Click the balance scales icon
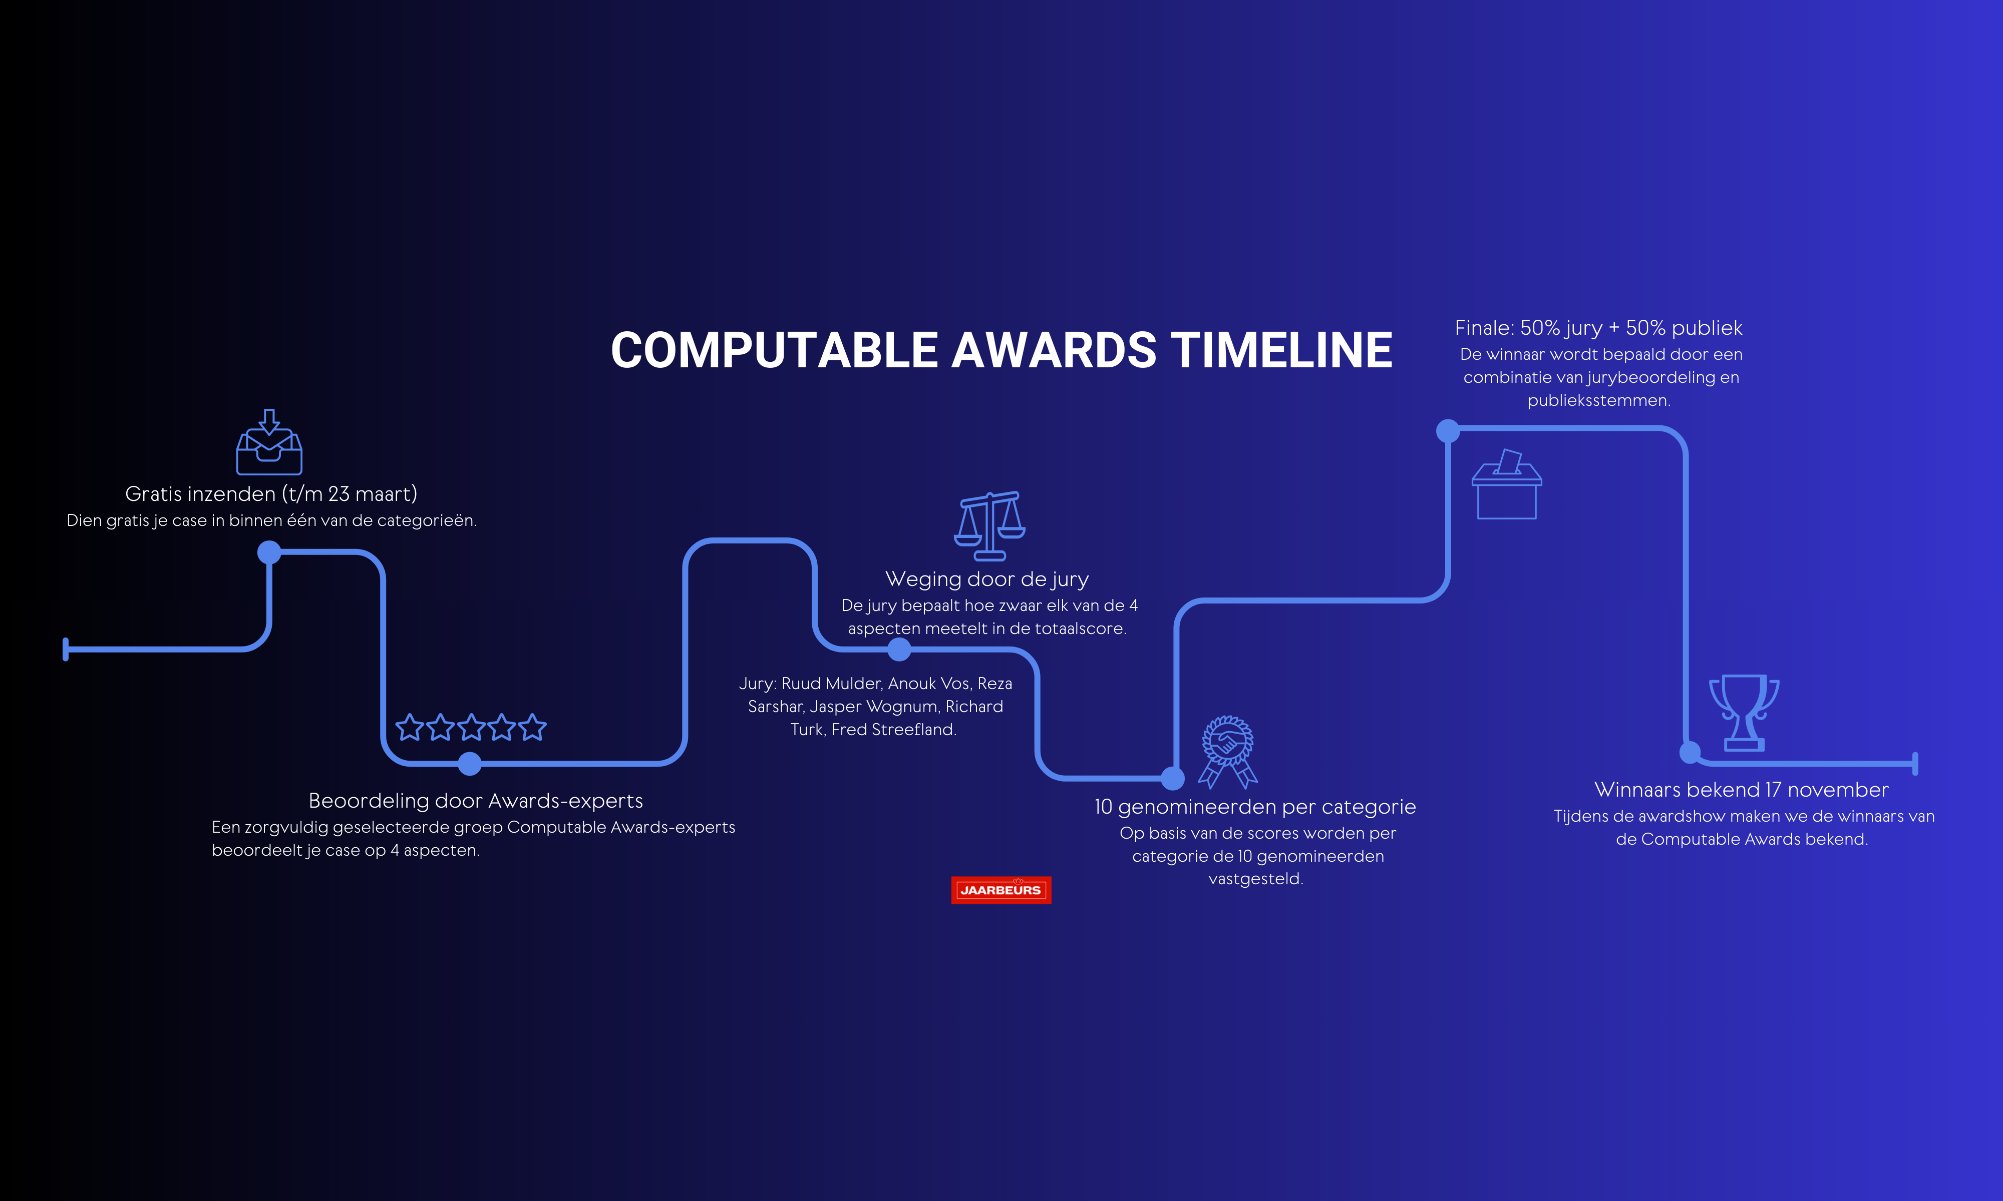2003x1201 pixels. pyautogui.click(x=989, y=526)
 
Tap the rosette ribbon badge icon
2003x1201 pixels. pyautogui.click(x=1227, y=752)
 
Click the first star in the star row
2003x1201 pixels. pyautogui.click(x=410, y=728)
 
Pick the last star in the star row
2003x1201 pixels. pyautogui.click(x=533, y=728)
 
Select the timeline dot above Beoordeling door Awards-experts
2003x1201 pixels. pyautogui.click(x=470, y=763)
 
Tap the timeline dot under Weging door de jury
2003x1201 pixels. pyautogui.click(x=899, y=649)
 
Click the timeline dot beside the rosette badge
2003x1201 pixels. pyautogui.click(x=1172, y=779)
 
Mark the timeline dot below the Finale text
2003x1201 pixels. pyautogui.click(x=1448, y=430)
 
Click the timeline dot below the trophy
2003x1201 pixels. pyautogui.click(x=1690, y=753)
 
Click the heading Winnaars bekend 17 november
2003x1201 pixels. pyautogui.click(x=1742, y=790)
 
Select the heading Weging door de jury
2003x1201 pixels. pyautogui.click(x=987, y=579)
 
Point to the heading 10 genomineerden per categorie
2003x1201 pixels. pyautogui.click(x=1255, y=807)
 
